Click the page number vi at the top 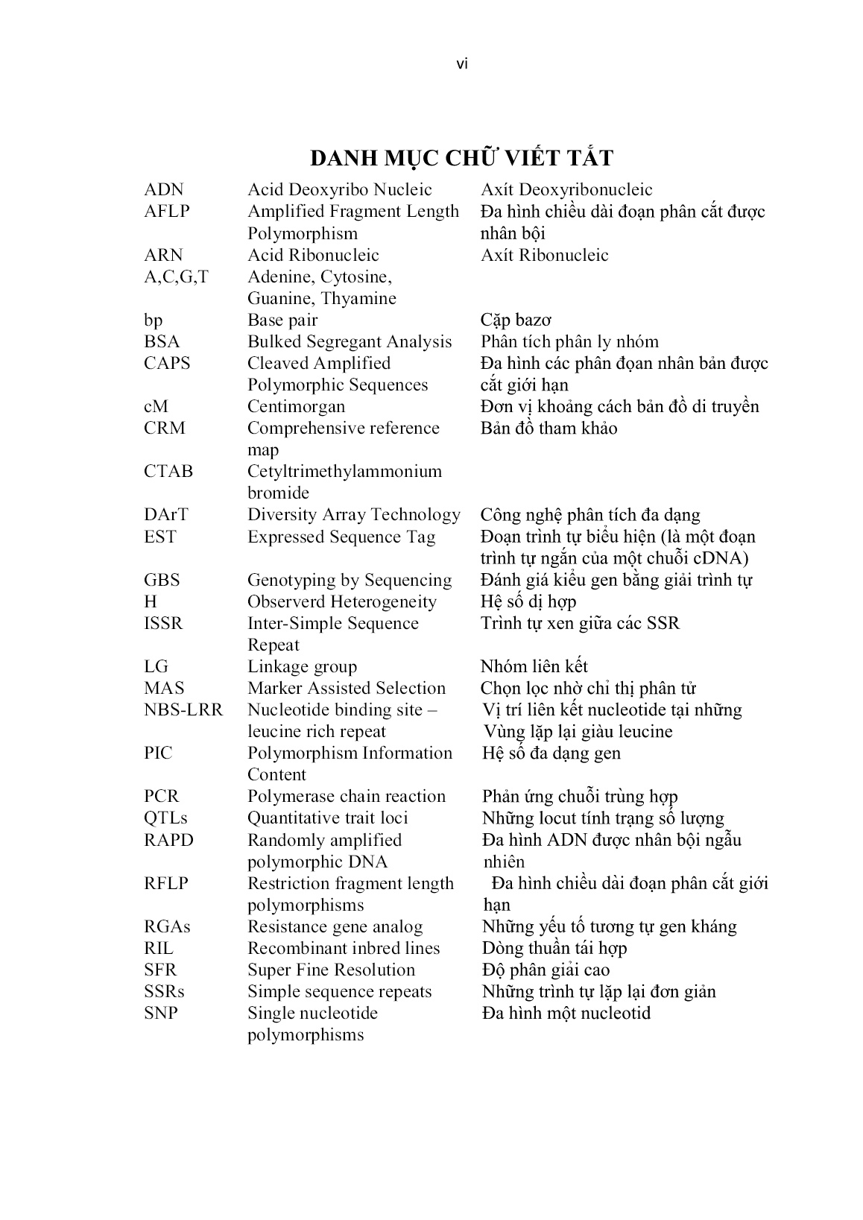461,65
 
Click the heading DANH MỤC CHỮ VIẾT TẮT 461,158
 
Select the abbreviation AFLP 167,212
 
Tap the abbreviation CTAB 168,472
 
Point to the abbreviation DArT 166,515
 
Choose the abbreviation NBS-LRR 183,710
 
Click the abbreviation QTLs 165,818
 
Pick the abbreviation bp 153,320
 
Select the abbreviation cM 156,407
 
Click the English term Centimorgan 296,407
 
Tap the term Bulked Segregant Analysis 350,342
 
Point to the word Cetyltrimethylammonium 344,472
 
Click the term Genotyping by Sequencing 350,581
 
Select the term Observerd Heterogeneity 342,602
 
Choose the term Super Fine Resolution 331,970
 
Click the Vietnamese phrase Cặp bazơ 516,320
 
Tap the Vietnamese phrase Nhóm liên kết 534,667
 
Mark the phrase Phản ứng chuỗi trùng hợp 580,797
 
